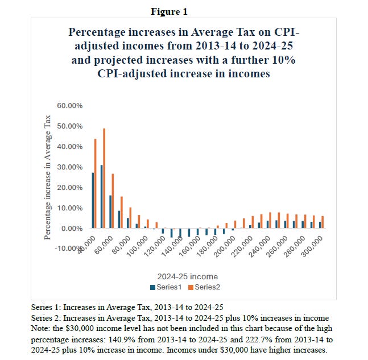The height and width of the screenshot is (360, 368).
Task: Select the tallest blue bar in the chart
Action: point(101,196)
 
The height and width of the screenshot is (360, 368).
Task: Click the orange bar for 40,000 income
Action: point(96,183)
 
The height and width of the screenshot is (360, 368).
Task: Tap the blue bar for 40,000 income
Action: point(93,200)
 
